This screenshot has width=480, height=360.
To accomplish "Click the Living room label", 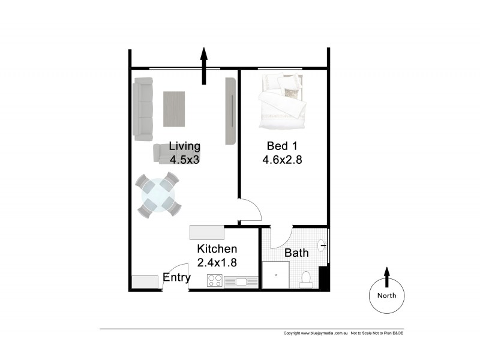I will coord(184,146).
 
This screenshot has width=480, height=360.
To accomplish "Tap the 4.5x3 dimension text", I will coord(184,160).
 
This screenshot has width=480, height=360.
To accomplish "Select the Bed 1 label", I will coord(281,146).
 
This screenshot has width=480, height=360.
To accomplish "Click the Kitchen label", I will coord(217,248).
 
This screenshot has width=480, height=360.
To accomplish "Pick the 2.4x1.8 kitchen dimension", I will coord(217,262).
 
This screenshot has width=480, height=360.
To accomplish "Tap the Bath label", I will coord(296,253).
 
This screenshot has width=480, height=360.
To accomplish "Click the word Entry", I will coord(176,278).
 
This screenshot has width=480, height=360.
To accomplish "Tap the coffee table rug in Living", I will coord(174,109).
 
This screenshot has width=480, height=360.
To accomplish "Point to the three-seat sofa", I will coord(143,109).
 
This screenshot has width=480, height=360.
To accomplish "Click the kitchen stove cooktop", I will coord(215,280).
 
